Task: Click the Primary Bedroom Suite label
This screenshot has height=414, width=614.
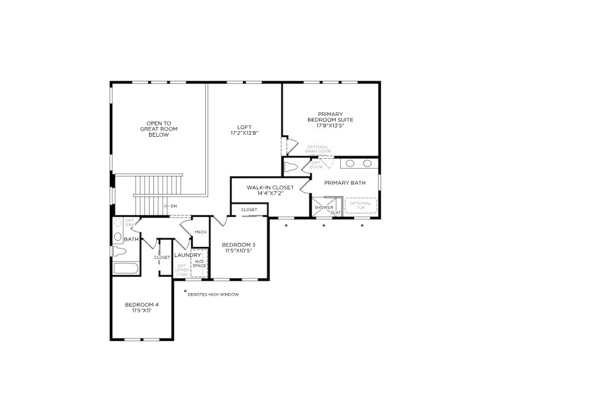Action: [x=330, y=120]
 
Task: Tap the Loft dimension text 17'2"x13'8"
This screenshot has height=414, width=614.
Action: [x=244, y=133]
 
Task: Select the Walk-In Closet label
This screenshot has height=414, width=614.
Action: [x=269, y=187]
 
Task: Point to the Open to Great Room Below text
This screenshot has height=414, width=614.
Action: [x=159, y=129]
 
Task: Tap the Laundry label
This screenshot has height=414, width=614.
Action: [x=187, y=255]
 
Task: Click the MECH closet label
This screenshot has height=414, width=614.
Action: [x=201, y=232]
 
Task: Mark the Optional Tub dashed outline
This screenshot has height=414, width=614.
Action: [x=360, y=205]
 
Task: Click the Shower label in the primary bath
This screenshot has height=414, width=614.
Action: [x=324, y=207]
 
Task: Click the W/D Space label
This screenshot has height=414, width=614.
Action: [x=199, y=263]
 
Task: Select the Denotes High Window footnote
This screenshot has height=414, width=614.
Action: [x=213, y=294]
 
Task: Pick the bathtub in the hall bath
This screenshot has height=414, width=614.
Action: [x=126, y=270]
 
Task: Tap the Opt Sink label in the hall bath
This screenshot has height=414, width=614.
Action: [x=130, y=222]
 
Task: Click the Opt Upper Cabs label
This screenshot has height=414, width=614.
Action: [x=182, y=270]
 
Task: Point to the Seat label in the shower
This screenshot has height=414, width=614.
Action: [x=335, y=213]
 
